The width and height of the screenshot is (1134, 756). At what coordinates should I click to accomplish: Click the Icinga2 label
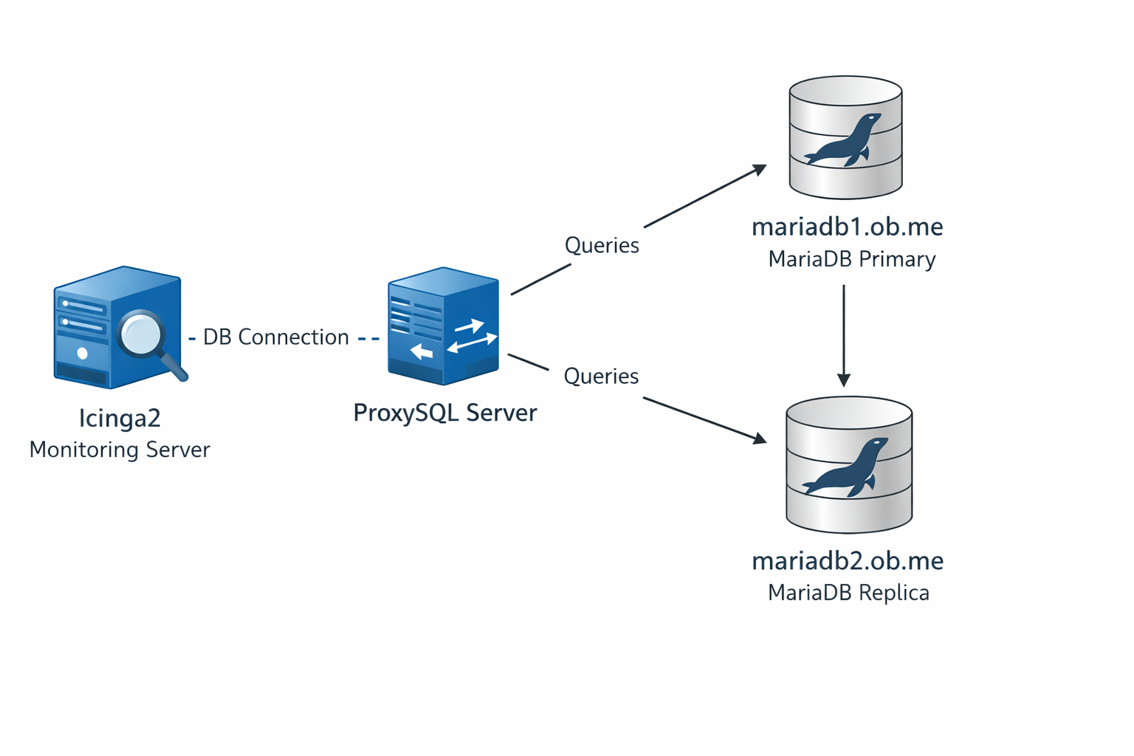coord(120,419)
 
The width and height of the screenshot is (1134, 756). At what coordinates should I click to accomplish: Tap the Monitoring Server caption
coord(120,450)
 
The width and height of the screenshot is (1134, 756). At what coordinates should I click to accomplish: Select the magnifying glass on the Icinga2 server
coord(143,335)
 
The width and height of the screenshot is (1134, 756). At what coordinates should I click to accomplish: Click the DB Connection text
coord(275,337)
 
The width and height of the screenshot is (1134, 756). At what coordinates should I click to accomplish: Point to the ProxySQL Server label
coord(444,413)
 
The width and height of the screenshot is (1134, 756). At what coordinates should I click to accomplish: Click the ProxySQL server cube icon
coord(443,326)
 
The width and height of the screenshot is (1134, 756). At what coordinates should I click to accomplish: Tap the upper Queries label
coord(602,245)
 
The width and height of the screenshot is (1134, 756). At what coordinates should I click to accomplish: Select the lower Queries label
coord(601,377)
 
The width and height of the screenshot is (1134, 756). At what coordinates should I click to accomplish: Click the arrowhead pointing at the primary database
coord(760,171)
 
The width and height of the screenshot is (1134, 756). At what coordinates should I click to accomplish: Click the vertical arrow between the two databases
coord(844,335)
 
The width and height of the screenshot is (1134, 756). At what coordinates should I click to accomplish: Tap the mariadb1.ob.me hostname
coord(847,227)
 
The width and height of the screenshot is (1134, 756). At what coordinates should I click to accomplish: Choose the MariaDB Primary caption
coord(851,259)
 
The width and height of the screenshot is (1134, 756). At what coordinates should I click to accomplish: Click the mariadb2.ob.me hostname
coord(848,561)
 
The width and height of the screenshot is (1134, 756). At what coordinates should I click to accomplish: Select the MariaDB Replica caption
coord(848,593)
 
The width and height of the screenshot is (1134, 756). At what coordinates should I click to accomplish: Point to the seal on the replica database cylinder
coord(846,468)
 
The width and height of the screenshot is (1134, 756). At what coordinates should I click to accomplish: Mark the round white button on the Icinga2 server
coord(83,354)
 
